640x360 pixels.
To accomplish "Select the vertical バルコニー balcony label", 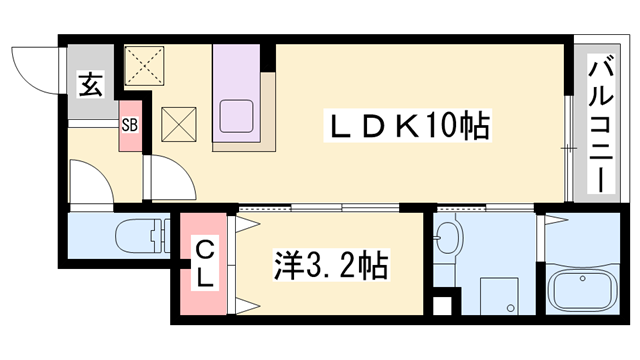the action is click(602, 125).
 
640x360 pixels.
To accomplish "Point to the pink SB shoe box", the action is click(131, 126).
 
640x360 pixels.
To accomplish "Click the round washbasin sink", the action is click(451, 238).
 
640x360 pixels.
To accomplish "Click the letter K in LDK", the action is click(417, 127).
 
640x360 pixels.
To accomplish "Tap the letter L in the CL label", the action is click(203, 279).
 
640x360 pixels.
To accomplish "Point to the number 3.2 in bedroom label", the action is click(330, 267).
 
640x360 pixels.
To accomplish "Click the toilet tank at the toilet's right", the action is click(158, 238).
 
